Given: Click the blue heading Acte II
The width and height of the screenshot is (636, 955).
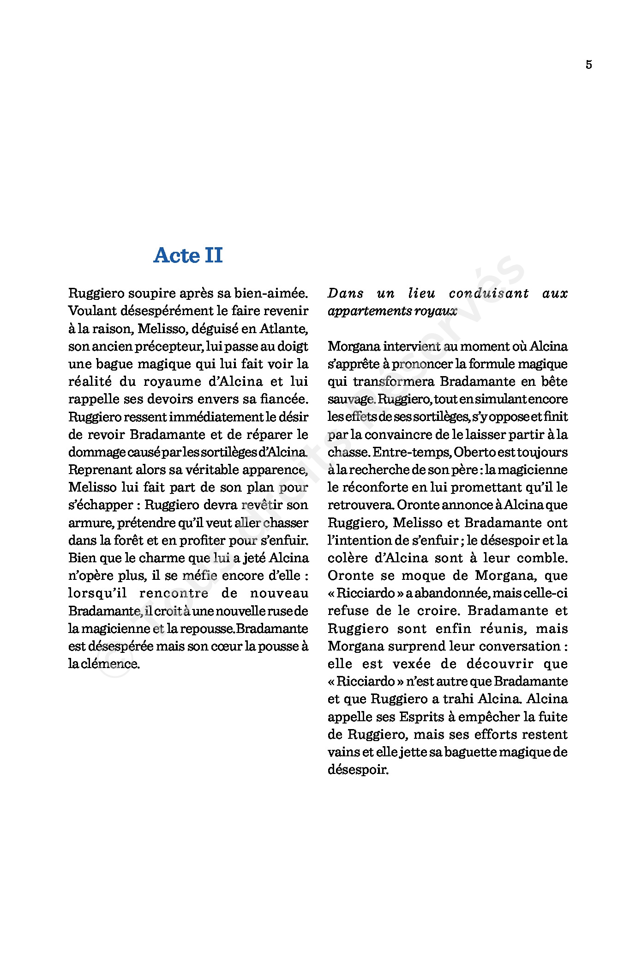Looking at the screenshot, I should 188,255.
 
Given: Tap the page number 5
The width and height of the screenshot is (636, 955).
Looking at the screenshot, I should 588,65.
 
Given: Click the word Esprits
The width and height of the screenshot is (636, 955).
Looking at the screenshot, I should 420,717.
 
